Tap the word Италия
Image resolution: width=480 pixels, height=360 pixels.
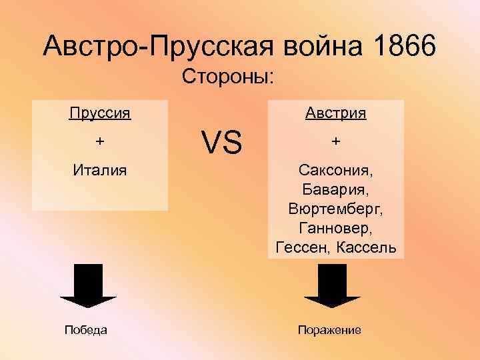click(100, 171)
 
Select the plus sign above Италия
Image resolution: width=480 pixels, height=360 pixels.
click(100, 142)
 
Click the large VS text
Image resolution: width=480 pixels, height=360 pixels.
click(222, 142)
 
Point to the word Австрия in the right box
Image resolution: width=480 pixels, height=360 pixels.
click(335, 113)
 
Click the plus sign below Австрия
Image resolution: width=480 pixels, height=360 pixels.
click(335, 142)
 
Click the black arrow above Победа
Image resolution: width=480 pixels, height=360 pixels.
click(88, 287)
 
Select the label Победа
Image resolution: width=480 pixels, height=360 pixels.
click(86, 330)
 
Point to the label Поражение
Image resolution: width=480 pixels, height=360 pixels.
click(329, 330)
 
